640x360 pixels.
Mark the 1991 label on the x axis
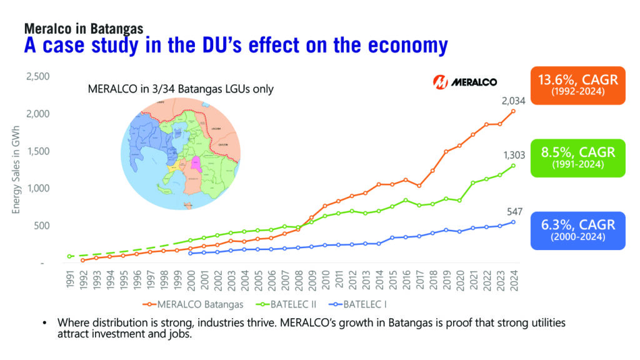(x=71, y=280)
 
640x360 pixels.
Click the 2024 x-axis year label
(x=514, y=280)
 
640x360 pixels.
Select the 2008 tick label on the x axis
(x=299, y=280)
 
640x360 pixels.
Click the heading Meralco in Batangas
(x=84, y=28)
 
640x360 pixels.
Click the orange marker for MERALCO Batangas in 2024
(x=514, y=111)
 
